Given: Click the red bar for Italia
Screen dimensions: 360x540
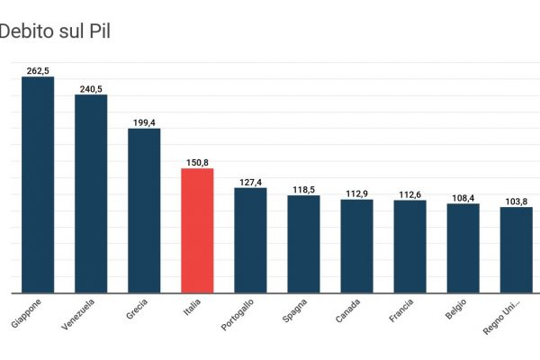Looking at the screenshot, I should (197, 230).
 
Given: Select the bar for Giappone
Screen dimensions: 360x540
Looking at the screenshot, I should (38, 184).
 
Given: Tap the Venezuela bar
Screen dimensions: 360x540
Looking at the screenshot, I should (91, 193).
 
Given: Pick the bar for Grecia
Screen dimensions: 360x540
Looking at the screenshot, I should (144, 211).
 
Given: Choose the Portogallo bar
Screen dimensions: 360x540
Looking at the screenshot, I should (250, 240).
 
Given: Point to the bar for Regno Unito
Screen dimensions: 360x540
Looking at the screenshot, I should (516, 250).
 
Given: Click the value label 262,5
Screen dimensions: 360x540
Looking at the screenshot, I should (38, 69).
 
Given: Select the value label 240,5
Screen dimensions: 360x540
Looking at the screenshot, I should (91, 88).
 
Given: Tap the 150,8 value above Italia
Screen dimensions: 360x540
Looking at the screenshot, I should (197, 162).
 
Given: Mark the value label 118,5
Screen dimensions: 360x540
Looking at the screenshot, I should (303, 189).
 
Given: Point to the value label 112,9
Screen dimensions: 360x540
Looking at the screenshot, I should (356, 193).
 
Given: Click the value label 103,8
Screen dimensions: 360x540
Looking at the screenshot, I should (516, 201).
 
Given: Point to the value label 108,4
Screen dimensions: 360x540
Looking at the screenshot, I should (463, 197).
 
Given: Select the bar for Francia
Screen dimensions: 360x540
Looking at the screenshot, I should (409, 247).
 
